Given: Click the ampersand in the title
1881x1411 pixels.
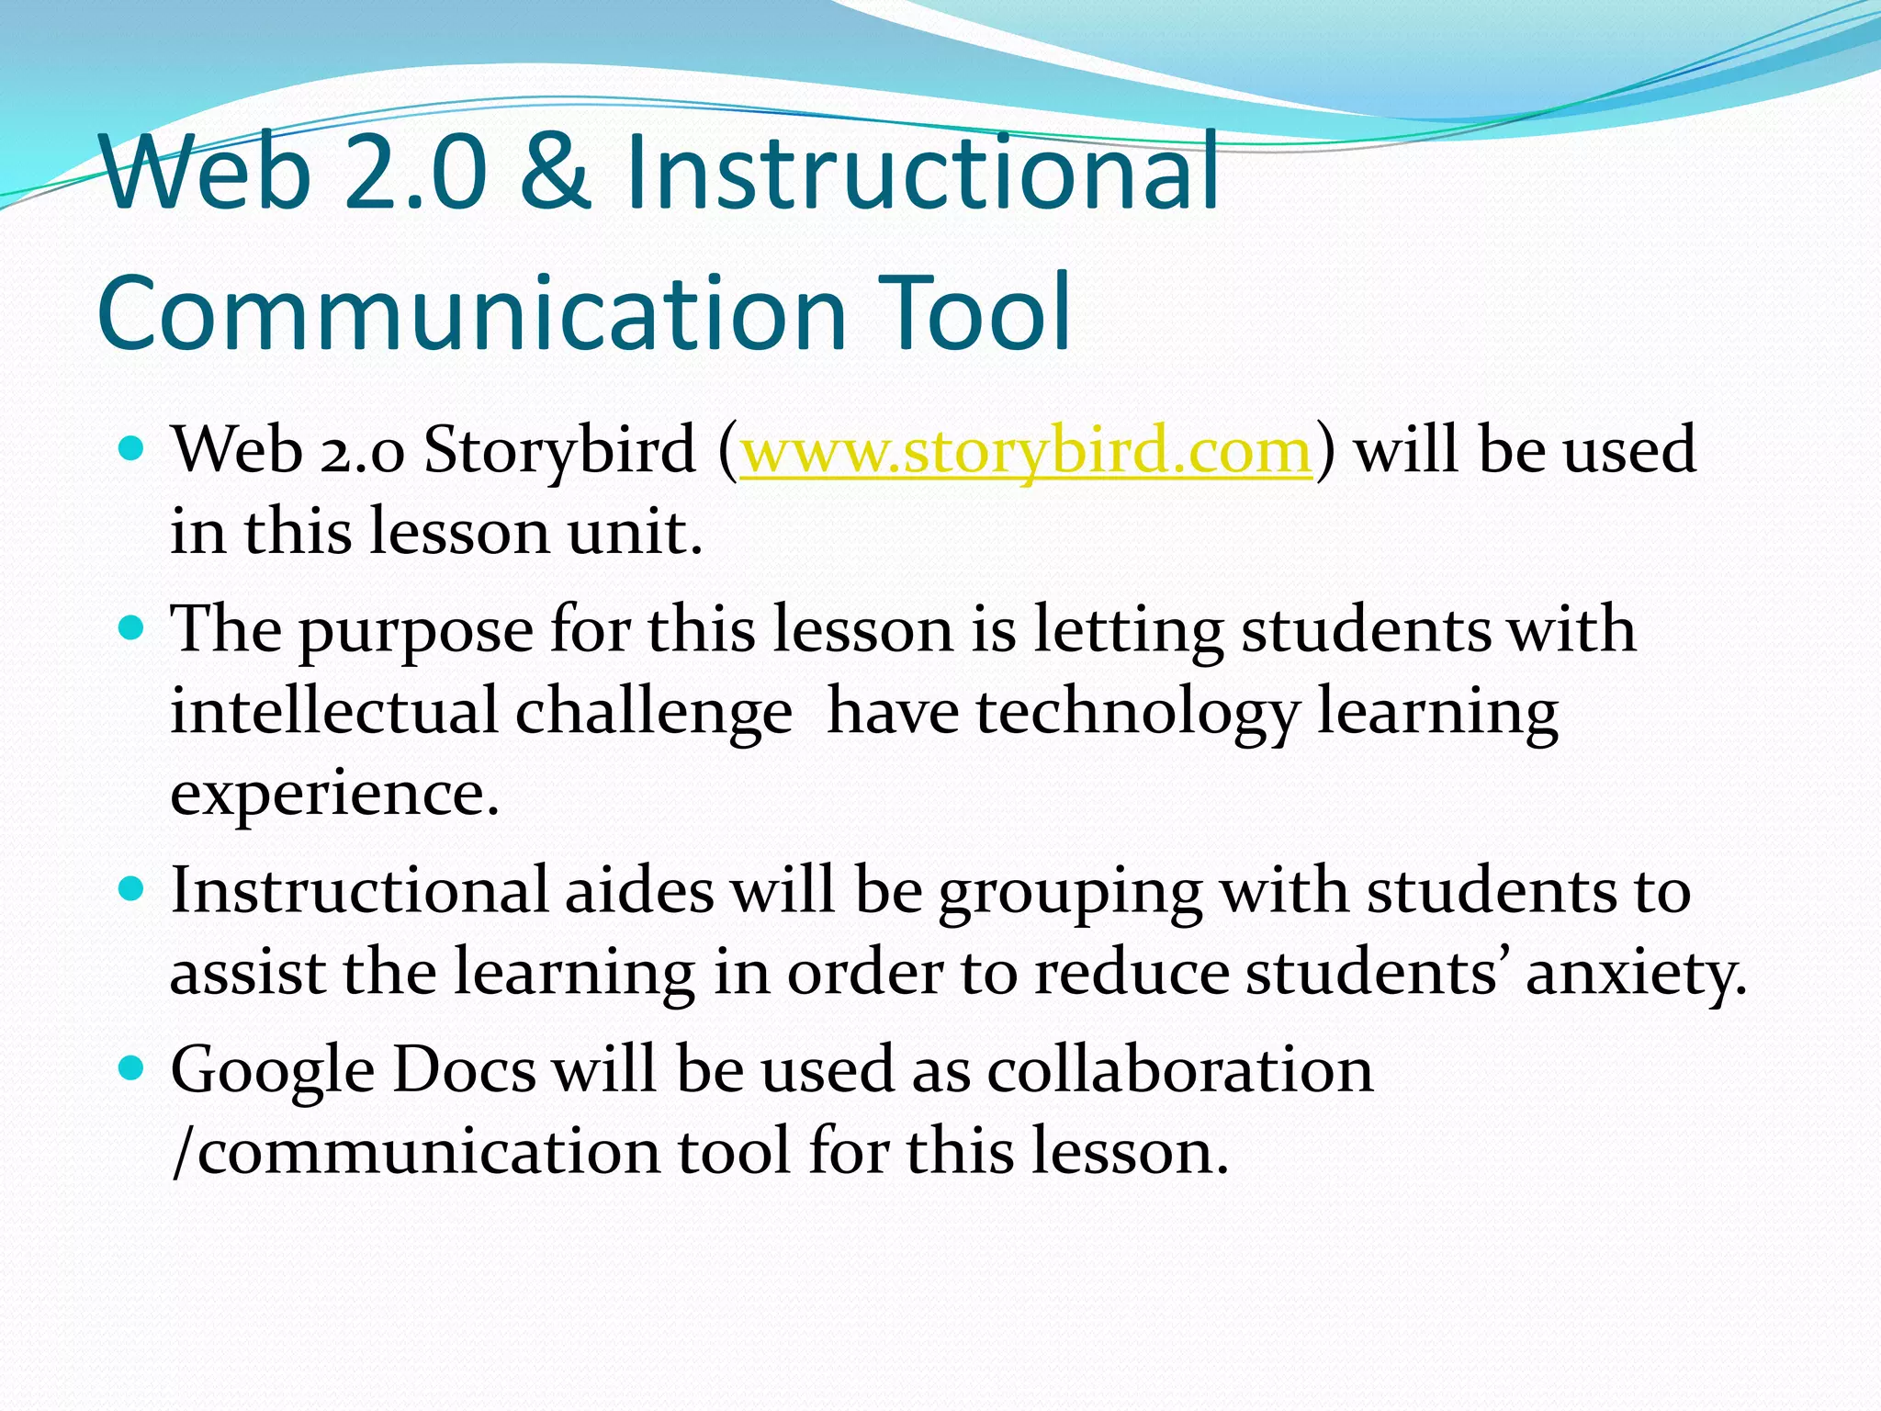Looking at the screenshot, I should click(554, 171).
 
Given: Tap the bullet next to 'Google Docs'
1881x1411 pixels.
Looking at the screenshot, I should click(132, 1068).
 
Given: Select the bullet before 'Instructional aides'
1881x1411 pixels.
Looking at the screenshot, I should click(132, 889).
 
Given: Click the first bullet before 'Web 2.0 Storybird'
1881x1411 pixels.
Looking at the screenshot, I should click(132, 449).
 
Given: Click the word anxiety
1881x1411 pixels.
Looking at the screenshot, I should click(1636, 974).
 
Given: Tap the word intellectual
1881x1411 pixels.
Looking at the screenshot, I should click(333, 712).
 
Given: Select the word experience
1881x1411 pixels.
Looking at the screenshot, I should click(334, 795).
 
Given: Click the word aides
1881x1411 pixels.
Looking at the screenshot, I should click(639, 891).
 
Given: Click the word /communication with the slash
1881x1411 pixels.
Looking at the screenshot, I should click(415, 1152).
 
